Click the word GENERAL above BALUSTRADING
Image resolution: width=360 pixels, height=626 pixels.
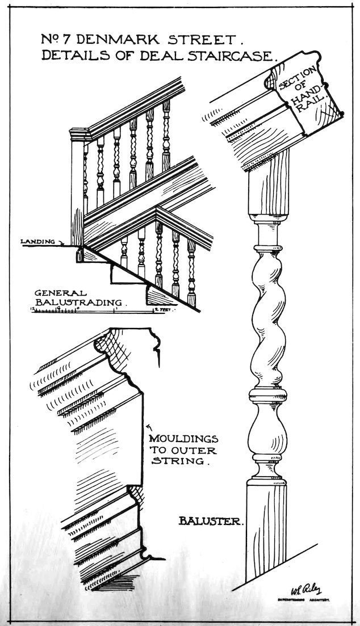pyautogui.click(x=60, y=292)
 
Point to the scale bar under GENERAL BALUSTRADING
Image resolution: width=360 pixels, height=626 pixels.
pyautogui.click(x=102, y=310)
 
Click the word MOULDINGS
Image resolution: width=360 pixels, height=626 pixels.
pyautogui.click(x=181, y=438)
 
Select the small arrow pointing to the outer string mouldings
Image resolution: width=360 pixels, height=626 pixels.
pyautogui.click(x=149, y=424)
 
